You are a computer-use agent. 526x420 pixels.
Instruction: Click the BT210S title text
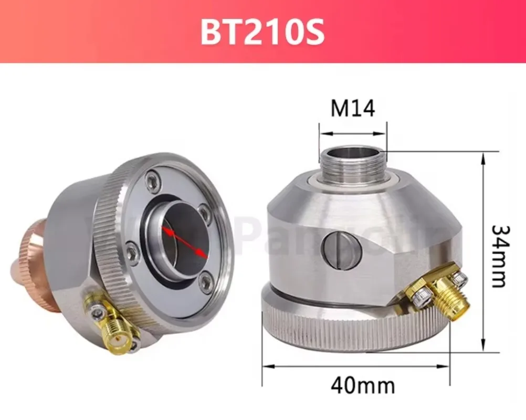pos(262,32)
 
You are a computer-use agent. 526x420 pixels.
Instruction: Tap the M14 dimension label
pos(352,109)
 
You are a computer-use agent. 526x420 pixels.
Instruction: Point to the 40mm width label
pos(363,386)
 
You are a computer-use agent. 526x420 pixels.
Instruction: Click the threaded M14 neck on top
pos(353,162)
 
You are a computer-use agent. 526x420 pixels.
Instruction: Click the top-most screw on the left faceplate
pos(152,180)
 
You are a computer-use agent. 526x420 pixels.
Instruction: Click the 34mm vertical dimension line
pos(482,252)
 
